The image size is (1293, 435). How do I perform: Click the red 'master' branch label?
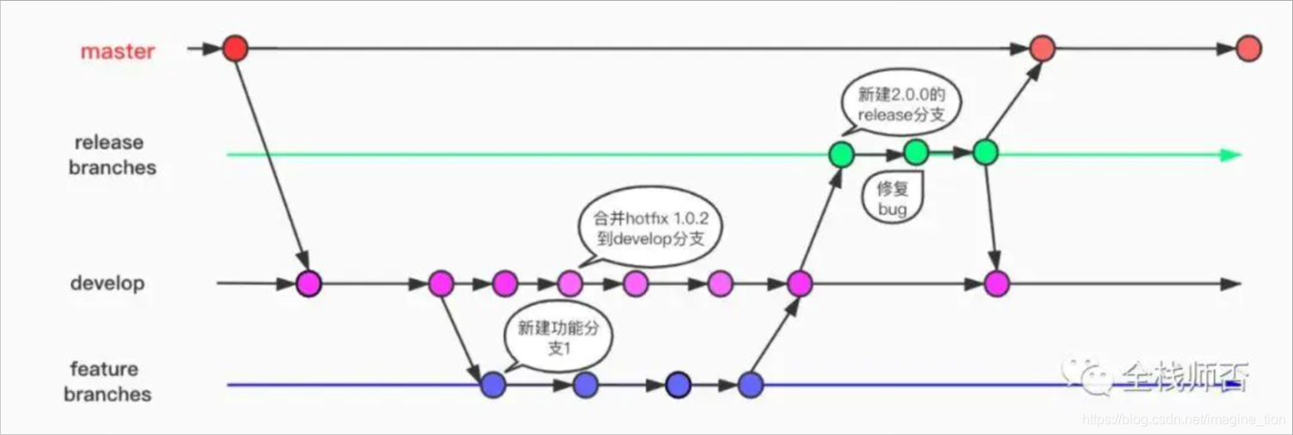(x=118, y=52)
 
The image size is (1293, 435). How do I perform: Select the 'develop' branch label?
(x=108, y=283)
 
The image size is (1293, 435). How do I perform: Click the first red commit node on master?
(x=235, y=48)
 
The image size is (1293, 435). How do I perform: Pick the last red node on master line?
(x=1248, y=49)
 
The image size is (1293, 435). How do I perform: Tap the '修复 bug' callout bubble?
(x=893, y=199)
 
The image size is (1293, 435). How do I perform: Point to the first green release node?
(x=840, y=155)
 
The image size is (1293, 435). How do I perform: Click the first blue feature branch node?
(x=493, y=384)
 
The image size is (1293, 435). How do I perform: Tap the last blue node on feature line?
(x=751, y=384)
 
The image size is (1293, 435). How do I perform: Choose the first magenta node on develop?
(x=308, y=283)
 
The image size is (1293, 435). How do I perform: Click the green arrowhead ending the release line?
(x=1233, y=155)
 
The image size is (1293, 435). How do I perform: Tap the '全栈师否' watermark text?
(x=1184, y=376)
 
